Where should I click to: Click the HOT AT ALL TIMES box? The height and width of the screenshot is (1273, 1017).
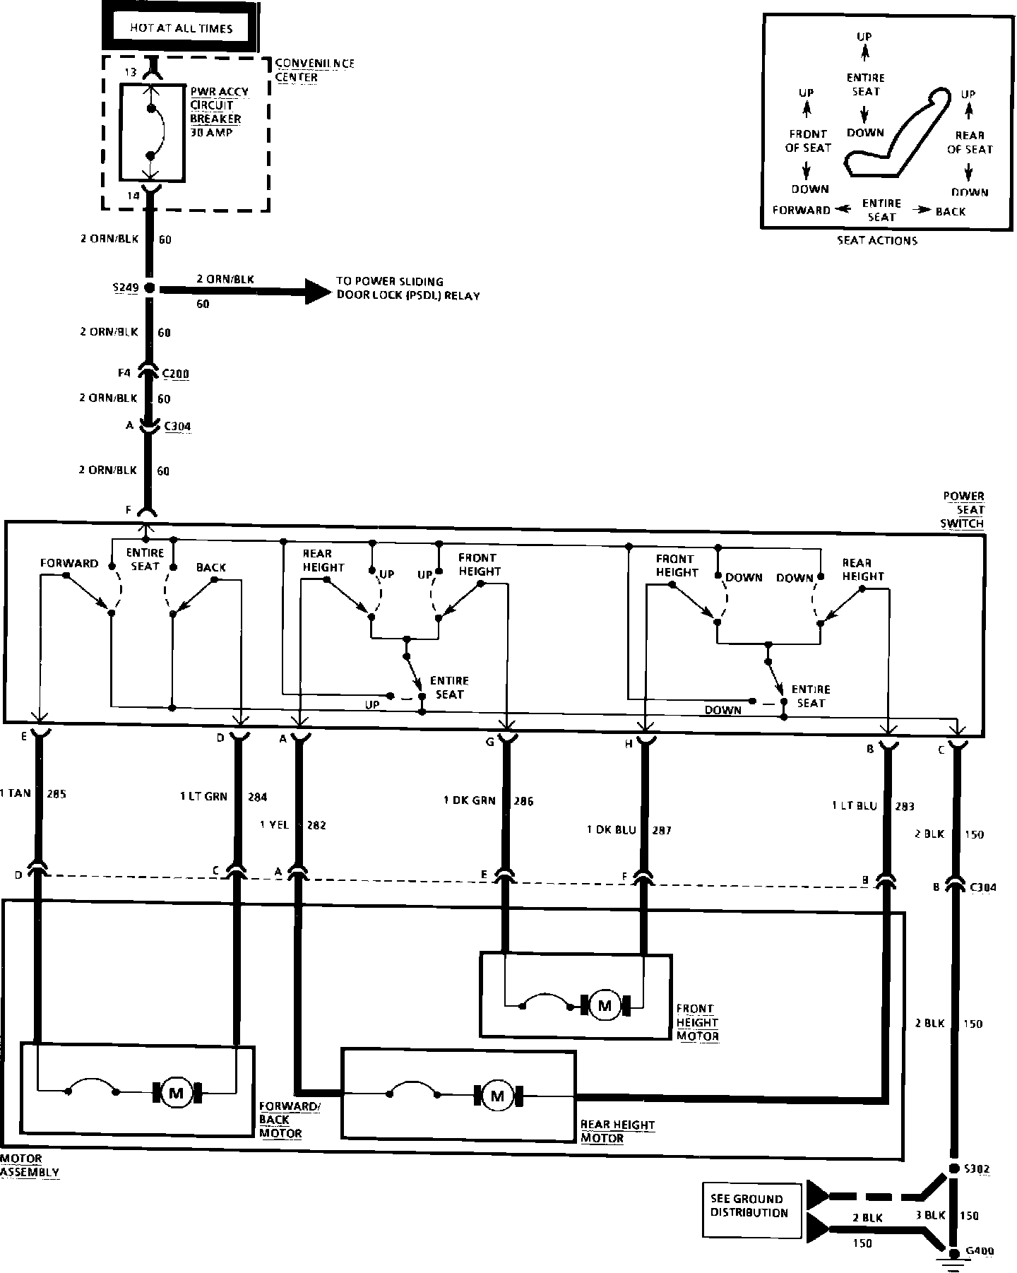(x=181, y=28)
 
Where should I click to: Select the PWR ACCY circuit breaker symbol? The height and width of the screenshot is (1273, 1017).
(x=152, y=132)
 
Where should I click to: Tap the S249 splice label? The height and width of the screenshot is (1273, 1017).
(x=126, y=288)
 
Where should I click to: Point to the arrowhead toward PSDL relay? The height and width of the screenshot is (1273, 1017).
(x=318, y=290)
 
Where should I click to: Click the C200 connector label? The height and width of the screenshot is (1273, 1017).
(x=176, y=374)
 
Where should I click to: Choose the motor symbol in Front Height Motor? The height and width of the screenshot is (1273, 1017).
(x=604, y=1005)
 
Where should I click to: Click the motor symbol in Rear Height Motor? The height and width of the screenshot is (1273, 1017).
(x=497, y=1096)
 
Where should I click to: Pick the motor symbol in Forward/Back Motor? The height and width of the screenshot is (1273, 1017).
(x=176, y=1094)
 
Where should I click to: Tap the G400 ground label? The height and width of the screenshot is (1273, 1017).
(x=979, y=1251)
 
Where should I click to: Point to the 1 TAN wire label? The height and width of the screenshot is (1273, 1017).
(x=16, y=793)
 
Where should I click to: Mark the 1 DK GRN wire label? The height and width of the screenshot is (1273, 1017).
(x=470, y=800)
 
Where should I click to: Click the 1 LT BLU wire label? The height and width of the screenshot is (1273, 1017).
(x=854, y=805)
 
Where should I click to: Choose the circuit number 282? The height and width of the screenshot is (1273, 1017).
(x=316, y=825)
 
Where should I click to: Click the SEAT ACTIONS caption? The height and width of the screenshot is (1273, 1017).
(x=877, y=240)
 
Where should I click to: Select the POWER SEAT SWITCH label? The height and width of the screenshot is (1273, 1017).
(x=963, y=509)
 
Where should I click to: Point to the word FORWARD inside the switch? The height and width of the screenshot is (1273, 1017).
(x=69, y=564)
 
